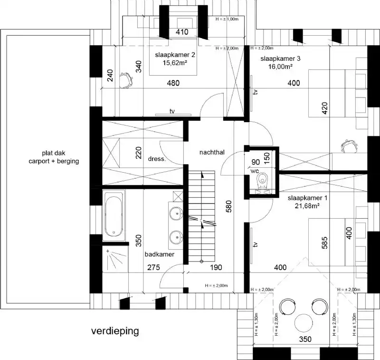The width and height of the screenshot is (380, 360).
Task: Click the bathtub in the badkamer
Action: [x=114, y=214]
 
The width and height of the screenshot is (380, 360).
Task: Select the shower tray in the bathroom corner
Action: [x=114, y=260]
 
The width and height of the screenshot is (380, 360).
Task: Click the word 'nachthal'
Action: [x=212, y=153]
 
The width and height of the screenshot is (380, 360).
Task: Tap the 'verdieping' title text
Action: [x=115, y=331]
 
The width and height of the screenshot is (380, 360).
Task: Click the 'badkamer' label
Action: [x=160, y=254]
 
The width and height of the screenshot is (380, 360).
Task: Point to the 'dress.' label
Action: [x=157, y=159]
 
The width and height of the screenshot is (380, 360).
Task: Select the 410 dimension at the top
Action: [x=182, y=32]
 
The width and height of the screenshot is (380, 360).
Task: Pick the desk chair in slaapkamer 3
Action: [x=349, y=145]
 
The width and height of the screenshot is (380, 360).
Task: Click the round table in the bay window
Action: [x=304, y=323]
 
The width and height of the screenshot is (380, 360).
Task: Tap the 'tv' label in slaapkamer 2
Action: [x=172, y=111]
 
